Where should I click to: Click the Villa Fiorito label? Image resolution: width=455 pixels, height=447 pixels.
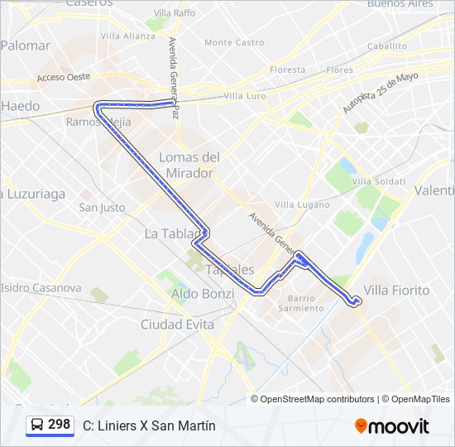(x=397, y=291)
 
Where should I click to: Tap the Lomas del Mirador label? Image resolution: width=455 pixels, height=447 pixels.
(x=189, y=165)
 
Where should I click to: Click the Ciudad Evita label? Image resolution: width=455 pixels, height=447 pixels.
(x=177, y=324)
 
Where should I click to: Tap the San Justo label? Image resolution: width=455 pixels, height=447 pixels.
(x=102, y=208)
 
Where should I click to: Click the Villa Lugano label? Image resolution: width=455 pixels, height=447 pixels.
(x=302, y=204)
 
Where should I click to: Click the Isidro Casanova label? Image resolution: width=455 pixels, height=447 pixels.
(x=41, y=288)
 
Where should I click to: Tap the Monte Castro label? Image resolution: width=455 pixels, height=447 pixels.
(x=234, y=42)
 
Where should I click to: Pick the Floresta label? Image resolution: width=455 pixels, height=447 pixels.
(x=287, y=70)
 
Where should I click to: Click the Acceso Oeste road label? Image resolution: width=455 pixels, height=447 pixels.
(x=63, y=78)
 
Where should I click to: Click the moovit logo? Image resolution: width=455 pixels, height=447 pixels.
(x=392, y=426)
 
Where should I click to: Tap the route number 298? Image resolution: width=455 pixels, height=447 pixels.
(x=59, y=425)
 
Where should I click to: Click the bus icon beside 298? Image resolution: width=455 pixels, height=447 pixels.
(x=37, y=425)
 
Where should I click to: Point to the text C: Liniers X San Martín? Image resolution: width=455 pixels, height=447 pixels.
(x=149, y=425)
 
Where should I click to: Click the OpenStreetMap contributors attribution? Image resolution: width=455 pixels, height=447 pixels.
(x=318, y=399)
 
